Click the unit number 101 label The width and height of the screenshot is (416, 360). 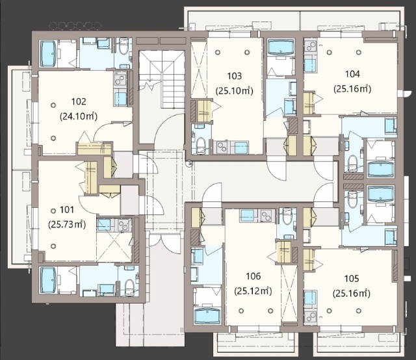tap(67, 210)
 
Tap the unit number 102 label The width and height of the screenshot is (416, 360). tap(79, 101)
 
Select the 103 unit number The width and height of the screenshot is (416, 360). tap(235, 76)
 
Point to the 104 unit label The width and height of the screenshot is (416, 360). tap(352, 74)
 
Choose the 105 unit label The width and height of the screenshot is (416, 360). tap(352, 279)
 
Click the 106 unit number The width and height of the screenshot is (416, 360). tap(253, 276)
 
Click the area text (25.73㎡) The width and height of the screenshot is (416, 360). tap(67, 225)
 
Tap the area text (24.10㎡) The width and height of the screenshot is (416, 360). tap(79, 116)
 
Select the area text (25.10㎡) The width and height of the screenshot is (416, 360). tap(235, 91)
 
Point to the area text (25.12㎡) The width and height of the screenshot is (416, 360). tap(253, 291)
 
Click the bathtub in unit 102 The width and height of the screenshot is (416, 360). tap(48, 53)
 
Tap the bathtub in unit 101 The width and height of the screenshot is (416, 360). tap(48, 281)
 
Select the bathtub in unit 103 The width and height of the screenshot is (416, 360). tap(281, 47)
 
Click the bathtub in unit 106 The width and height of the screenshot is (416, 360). tap(207, 316)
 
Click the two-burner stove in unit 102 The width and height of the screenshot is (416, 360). tap(121, 79)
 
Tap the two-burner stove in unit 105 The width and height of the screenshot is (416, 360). tap(310, 316)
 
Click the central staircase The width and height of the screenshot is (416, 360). tap(162, 79)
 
